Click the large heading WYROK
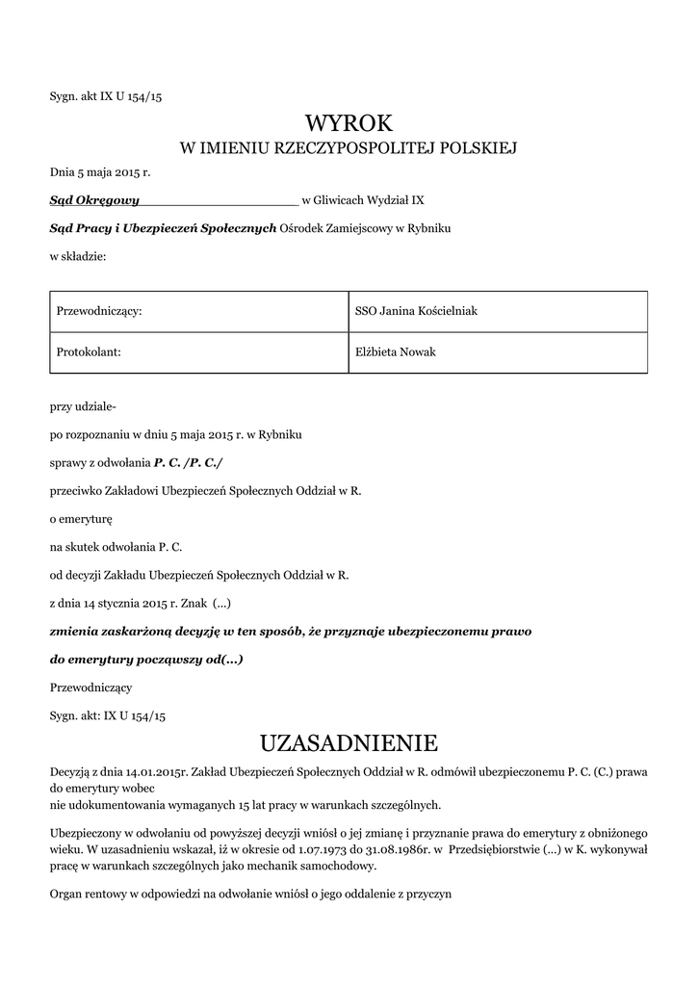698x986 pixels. tap(349, 122)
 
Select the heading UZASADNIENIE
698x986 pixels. tap(349, 742)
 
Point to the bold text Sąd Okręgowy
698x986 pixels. tap(94, 200)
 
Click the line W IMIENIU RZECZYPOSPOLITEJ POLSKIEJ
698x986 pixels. tap(349, 148)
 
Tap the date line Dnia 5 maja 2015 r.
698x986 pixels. tap(100, 172)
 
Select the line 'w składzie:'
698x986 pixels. tap(78, 256)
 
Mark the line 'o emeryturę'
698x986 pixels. tap(81, 519)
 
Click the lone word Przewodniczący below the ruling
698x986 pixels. tap(90, 688)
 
